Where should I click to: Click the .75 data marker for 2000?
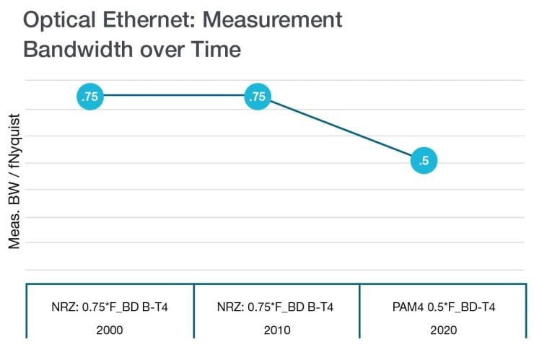[x=91, y=96]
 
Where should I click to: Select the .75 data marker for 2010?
[x=258, y=96]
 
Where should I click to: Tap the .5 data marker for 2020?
[x=424, y=161]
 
